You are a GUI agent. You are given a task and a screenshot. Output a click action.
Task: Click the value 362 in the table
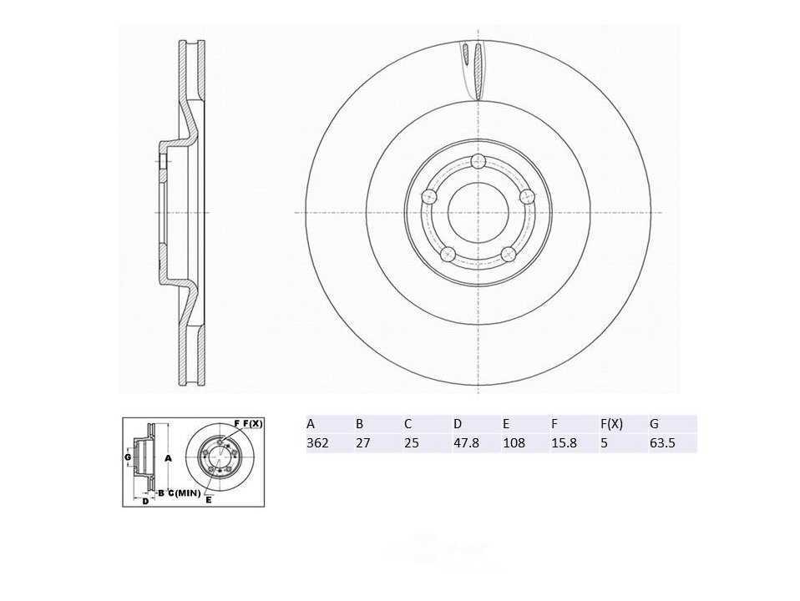[317, 443]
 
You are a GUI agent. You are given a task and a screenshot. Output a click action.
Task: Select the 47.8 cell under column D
[466, 443]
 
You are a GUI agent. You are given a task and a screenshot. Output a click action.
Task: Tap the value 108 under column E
[514, 443]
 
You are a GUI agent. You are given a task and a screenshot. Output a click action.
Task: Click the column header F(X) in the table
[611, 423]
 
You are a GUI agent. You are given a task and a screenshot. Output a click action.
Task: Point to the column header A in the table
[311, 423]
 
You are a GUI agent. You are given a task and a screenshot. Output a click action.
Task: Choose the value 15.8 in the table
[564, 443]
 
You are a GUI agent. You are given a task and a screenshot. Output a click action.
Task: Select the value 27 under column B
[362, 443]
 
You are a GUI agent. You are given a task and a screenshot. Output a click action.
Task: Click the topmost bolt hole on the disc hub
[478, 161]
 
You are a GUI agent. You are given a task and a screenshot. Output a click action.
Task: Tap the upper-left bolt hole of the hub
[430, 196]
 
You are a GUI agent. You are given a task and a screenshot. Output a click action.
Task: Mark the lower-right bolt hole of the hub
[508, 254]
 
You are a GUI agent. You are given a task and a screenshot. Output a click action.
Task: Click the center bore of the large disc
[478, 212]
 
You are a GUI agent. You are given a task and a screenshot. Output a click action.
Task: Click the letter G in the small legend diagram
[128, 457]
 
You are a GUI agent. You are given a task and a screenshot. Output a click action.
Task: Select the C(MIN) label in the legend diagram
[184, 492]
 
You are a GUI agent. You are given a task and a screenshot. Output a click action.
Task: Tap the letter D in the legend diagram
[144, 501]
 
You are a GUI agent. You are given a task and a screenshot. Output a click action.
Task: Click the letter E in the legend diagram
[209, 499]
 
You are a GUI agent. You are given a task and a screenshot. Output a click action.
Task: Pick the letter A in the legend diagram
[168, 458]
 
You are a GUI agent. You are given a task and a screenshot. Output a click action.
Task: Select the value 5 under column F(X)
[604, 443]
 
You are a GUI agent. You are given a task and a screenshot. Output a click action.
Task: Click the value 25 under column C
[411, 443]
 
